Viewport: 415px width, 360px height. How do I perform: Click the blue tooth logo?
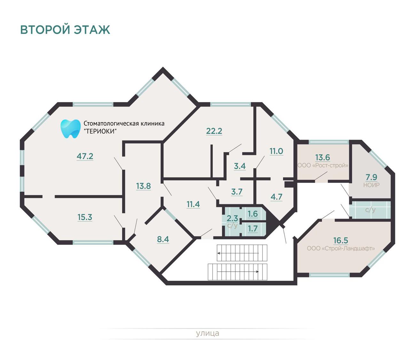pos(71,129)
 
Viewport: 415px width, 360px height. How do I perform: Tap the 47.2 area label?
pos(85,156)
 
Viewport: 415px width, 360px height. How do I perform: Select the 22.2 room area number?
pos(214,131)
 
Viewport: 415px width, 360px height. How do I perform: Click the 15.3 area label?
pos(85,217)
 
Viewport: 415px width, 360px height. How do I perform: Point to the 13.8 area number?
pos(143,186)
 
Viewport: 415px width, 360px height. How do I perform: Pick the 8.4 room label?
pos(163,239)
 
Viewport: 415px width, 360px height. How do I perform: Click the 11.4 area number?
pos(193,204)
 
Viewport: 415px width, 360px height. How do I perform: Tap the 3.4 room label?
pos(240,166)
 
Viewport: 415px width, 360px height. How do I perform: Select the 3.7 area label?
pos(237,192)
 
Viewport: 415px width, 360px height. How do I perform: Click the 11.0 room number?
pos(276,151)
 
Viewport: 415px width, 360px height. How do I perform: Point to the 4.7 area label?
pos(276,197)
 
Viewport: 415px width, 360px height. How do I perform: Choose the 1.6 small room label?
pos(253,214)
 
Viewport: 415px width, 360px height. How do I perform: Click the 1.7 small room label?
pos(253,228)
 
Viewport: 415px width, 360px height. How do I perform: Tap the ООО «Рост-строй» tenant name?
pos(323,165)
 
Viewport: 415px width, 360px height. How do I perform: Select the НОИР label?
pos(372,185)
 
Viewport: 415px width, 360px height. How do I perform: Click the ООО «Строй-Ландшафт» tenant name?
pos(341,248)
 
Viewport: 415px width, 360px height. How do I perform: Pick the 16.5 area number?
pos(341,240)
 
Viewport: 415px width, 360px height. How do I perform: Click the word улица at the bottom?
pos(207,333)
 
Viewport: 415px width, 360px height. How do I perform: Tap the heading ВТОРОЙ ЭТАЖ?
pos(65,29)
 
